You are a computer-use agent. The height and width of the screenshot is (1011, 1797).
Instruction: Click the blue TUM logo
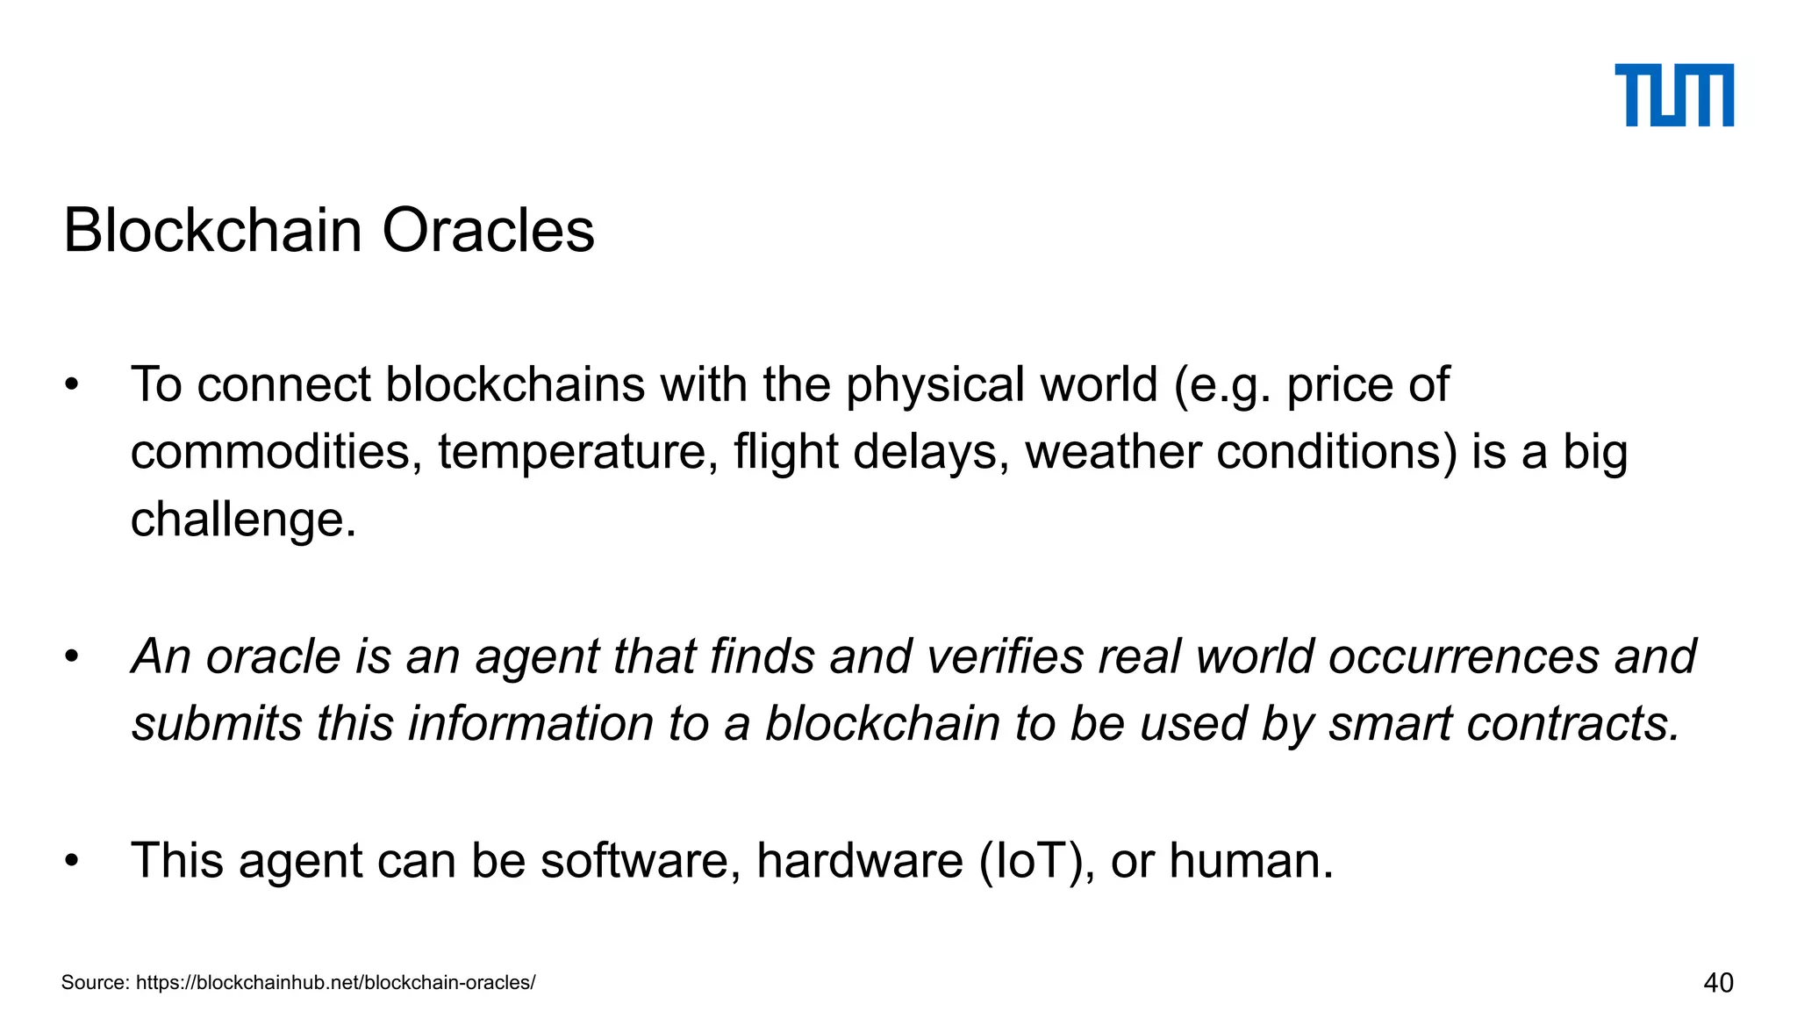pos(1674,95)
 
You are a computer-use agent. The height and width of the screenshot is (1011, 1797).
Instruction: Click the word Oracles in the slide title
pos(488,232)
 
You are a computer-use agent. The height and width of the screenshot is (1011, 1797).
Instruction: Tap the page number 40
pos(1718,983)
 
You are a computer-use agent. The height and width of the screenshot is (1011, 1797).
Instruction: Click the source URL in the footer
pos(336,983)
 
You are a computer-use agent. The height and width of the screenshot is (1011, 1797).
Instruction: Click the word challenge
pos(243,520)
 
